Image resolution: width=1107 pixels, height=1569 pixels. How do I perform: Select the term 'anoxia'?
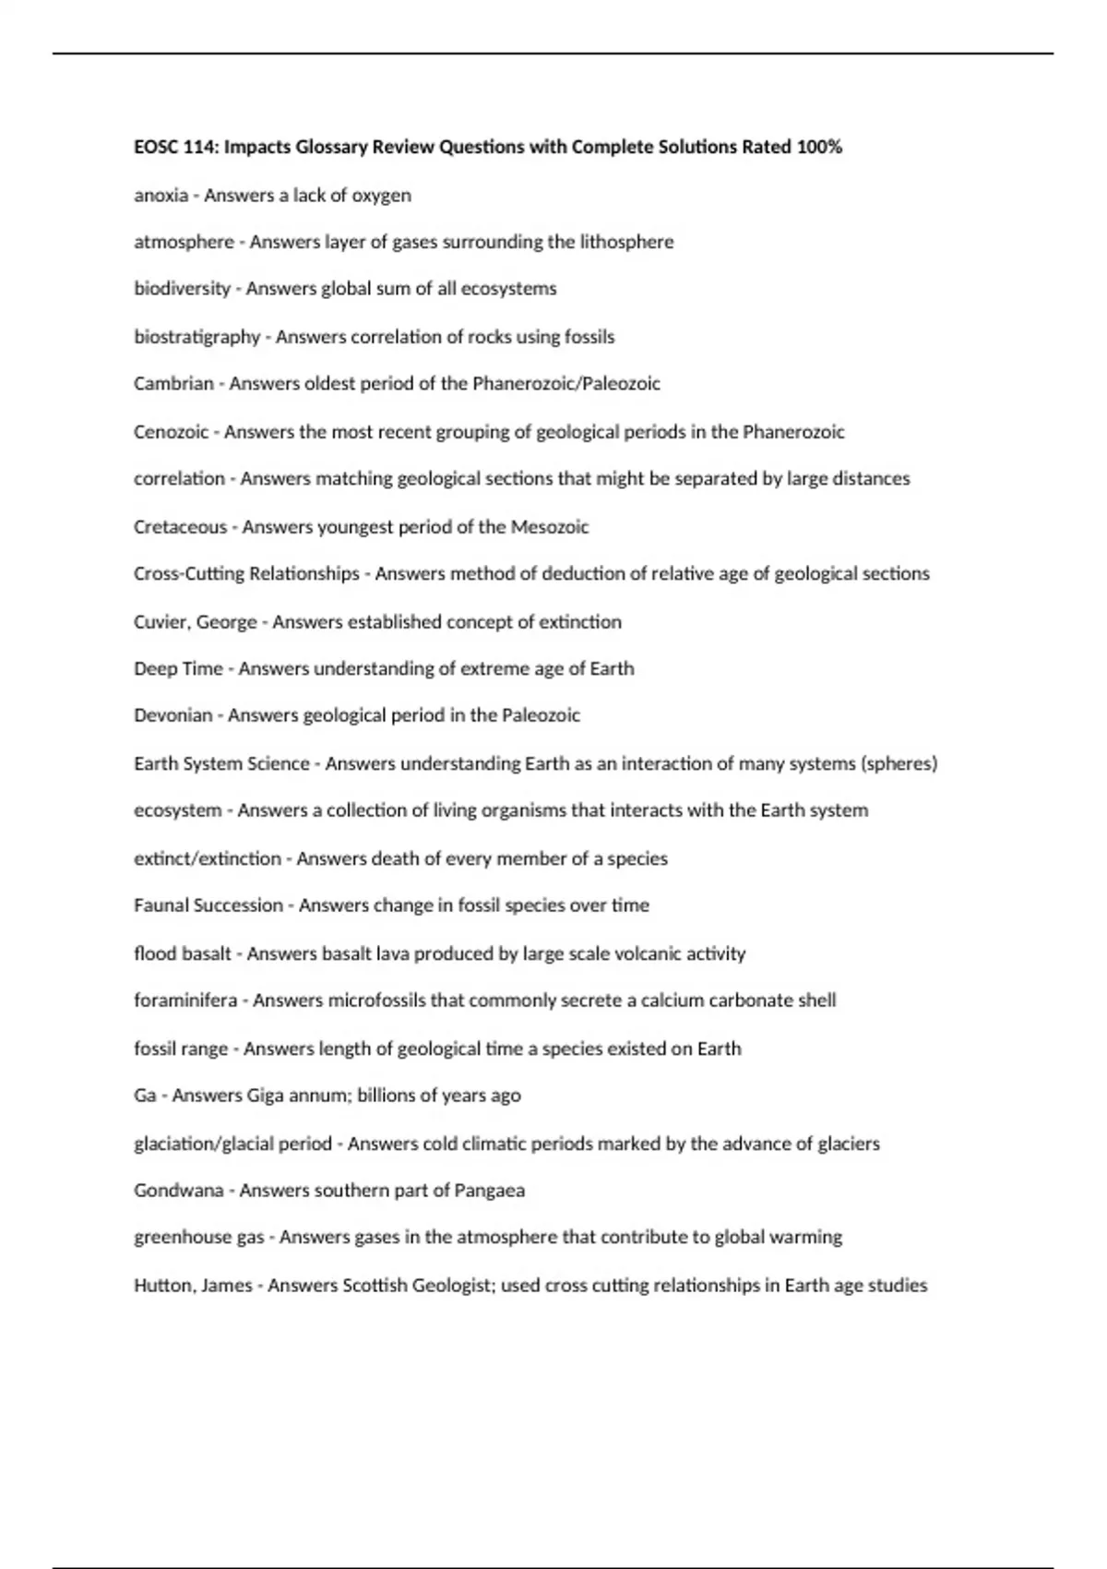[x=161, y=196]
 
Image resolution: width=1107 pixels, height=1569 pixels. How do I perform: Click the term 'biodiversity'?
[x=182, y=289]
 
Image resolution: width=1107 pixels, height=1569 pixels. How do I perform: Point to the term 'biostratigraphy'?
[x=196, y=337]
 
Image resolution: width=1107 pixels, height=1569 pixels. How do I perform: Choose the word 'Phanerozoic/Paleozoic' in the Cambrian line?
[x=565, y=384]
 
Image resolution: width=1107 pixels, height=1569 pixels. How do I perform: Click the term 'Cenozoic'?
[x=171, y=432]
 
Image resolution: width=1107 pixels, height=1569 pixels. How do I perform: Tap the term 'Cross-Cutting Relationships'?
[x=246, y=574]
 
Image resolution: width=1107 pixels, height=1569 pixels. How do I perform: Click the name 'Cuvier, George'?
[x=195, y=622]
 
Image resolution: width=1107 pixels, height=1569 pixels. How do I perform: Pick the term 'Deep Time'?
[x=178, y=669]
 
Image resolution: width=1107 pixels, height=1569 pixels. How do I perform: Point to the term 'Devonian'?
[x=173, y=715]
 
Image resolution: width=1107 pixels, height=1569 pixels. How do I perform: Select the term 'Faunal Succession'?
[x=208, y=905]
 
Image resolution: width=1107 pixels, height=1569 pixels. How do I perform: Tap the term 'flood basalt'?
[x=182, y=953]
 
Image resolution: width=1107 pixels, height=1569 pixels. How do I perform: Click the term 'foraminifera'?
[x=184, y=1000]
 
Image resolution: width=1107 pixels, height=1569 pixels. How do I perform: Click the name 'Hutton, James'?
[x=192, y=1286]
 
